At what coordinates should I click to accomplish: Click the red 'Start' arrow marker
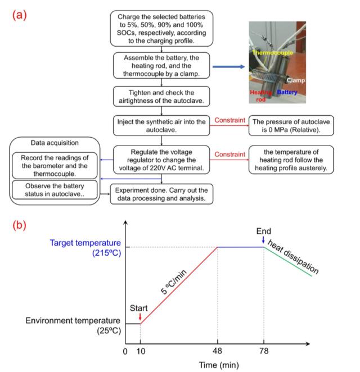[x=140, y=318]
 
